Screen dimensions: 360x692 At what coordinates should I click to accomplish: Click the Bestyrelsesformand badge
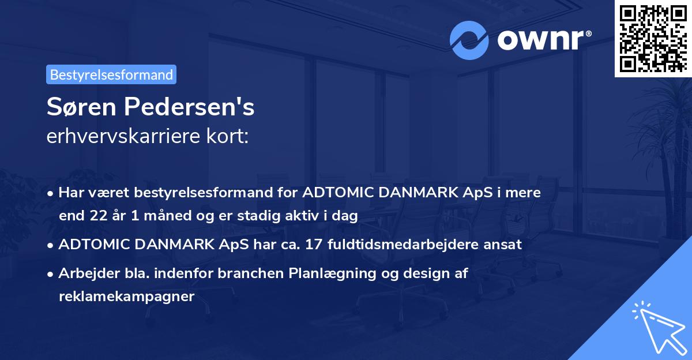111,74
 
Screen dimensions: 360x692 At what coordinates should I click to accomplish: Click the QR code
653,38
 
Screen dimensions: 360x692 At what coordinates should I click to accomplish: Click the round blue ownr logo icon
469,40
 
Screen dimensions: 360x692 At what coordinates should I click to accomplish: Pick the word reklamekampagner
127,296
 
